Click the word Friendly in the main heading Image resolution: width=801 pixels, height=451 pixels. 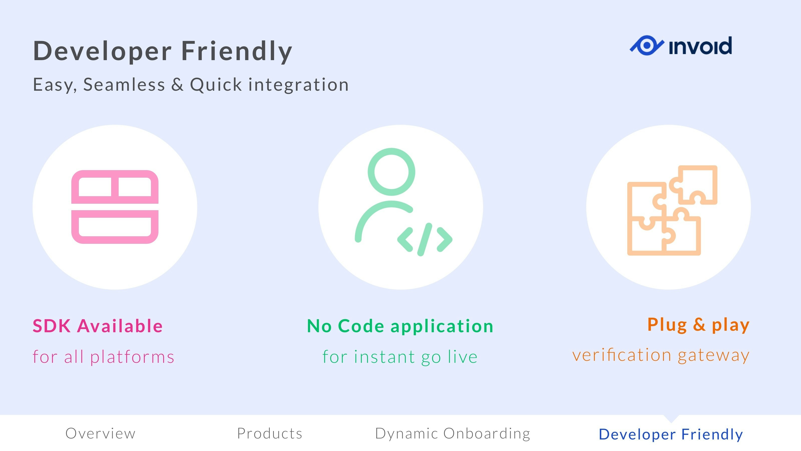pos(237,51)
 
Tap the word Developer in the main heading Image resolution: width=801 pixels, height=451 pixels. pos(102,51)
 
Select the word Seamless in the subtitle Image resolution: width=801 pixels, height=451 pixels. pos(124,84)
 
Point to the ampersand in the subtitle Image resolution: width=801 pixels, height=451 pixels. pos(177,84)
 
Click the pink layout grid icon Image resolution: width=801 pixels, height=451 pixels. pos(115,207)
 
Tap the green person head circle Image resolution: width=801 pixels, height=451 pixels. pos(391,172)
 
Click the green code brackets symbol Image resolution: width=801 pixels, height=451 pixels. pos(425,239)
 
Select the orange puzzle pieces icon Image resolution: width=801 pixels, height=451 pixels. pos(672,210)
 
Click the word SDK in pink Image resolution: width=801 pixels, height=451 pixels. pos(52,326)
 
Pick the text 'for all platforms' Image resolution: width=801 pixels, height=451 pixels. pos(103,357)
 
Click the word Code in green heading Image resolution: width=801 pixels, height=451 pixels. pos(361,326)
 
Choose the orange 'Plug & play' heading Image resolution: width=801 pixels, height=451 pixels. pos(698,325)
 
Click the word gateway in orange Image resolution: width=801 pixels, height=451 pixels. pos(714,356)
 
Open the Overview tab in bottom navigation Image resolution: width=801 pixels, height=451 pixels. pos(100,433)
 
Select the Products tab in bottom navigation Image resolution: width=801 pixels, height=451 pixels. pos(270,433)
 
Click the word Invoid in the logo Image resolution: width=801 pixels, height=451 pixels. pos(700,46)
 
